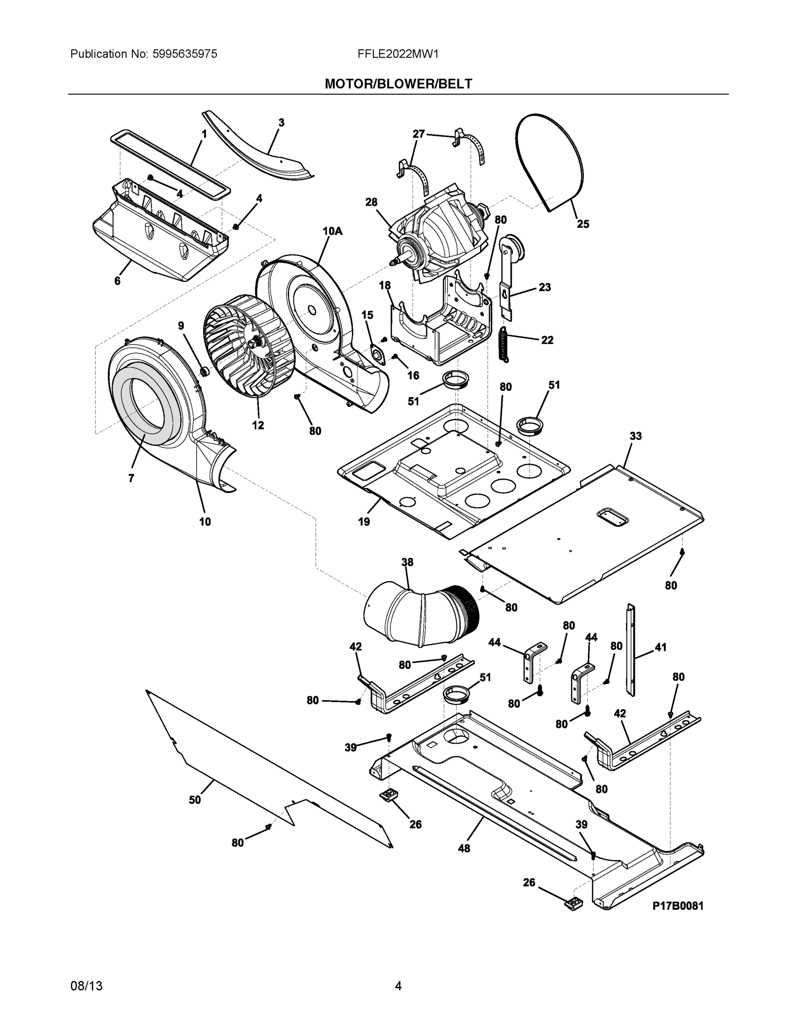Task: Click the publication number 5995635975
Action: click(185, 54)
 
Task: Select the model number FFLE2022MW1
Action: click(398, 54)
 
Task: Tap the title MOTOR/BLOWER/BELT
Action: click(398, 84)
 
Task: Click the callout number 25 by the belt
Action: click(583, 224)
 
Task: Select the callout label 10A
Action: click(333, 231)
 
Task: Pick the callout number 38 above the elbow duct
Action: click(407, 562)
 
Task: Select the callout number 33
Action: click(635, 436)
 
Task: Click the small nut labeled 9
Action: click(205, 372)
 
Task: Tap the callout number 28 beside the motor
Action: click(371, 202)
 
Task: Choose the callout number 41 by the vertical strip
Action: click(660, 647)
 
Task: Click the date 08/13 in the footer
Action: click(86, 986)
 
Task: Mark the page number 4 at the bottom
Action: click(398, 986)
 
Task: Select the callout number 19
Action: click(363, 522)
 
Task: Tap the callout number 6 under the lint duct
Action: click(117, 281)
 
